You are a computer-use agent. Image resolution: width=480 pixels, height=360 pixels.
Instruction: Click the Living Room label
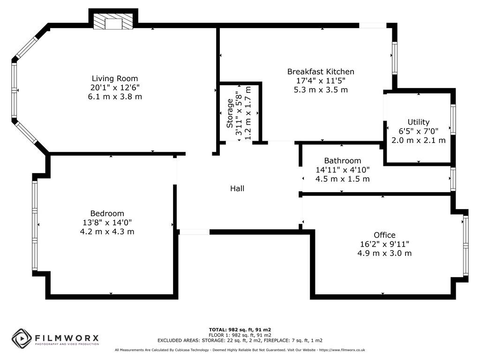(115, 78)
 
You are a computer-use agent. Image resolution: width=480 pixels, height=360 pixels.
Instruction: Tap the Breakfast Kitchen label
(321, 72)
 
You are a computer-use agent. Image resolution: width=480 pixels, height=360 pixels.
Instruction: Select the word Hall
(237, 188)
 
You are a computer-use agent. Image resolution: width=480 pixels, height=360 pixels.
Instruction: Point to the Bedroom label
(107, 213)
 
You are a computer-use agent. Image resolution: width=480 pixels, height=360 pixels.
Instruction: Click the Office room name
(384, 235)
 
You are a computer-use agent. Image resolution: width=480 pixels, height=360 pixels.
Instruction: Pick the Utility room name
(418, 122)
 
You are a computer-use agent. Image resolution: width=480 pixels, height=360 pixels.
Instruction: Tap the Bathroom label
(342, 161)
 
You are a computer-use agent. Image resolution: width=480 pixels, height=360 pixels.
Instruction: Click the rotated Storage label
(230, 113)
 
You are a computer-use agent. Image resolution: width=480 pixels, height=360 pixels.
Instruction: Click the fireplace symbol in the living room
(113, 22)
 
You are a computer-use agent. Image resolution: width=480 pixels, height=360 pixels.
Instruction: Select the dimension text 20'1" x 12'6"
(115, 87)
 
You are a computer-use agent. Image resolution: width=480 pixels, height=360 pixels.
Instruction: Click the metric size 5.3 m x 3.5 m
(321, 90)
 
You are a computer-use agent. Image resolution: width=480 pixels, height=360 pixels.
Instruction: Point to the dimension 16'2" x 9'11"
(384, 244)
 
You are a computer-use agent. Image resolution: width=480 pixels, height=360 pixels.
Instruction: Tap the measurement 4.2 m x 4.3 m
(107, 231)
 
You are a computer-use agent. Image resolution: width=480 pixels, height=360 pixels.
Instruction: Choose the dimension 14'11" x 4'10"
(342, 170)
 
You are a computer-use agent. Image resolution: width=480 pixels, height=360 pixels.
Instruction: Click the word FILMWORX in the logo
(66, 337)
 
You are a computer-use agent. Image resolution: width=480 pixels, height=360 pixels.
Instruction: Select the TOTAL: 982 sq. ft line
(240, 330)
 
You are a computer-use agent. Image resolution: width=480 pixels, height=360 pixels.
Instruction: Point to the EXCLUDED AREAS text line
(240, 340)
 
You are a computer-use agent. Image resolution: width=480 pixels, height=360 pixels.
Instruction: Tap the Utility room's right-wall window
(453, 120)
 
